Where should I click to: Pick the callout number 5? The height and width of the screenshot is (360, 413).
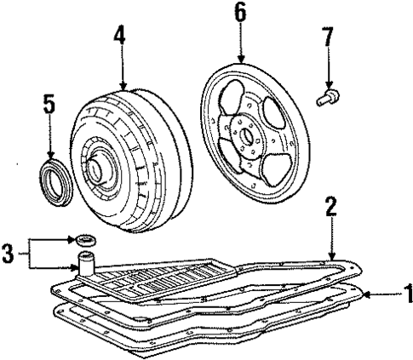pyautogui.click(x=49, y=106)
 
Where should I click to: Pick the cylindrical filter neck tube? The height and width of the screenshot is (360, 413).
pyautogui.click(x=86, y=262)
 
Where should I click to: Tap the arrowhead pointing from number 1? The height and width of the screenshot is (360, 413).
pyautogui.click(x=364, y=297)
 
